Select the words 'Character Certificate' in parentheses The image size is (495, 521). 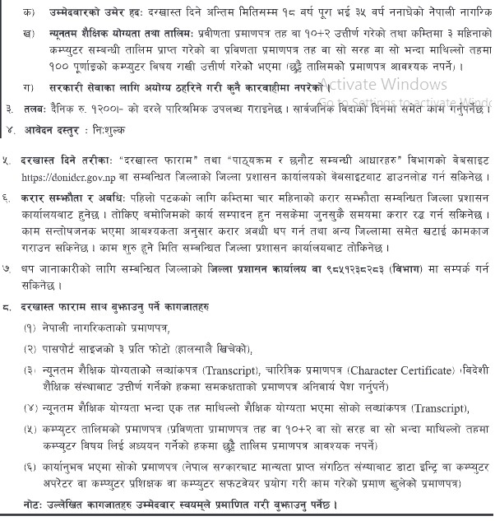405,370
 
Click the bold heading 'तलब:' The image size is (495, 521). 35,108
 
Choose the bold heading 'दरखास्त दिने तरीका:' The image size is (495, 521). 68,159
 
